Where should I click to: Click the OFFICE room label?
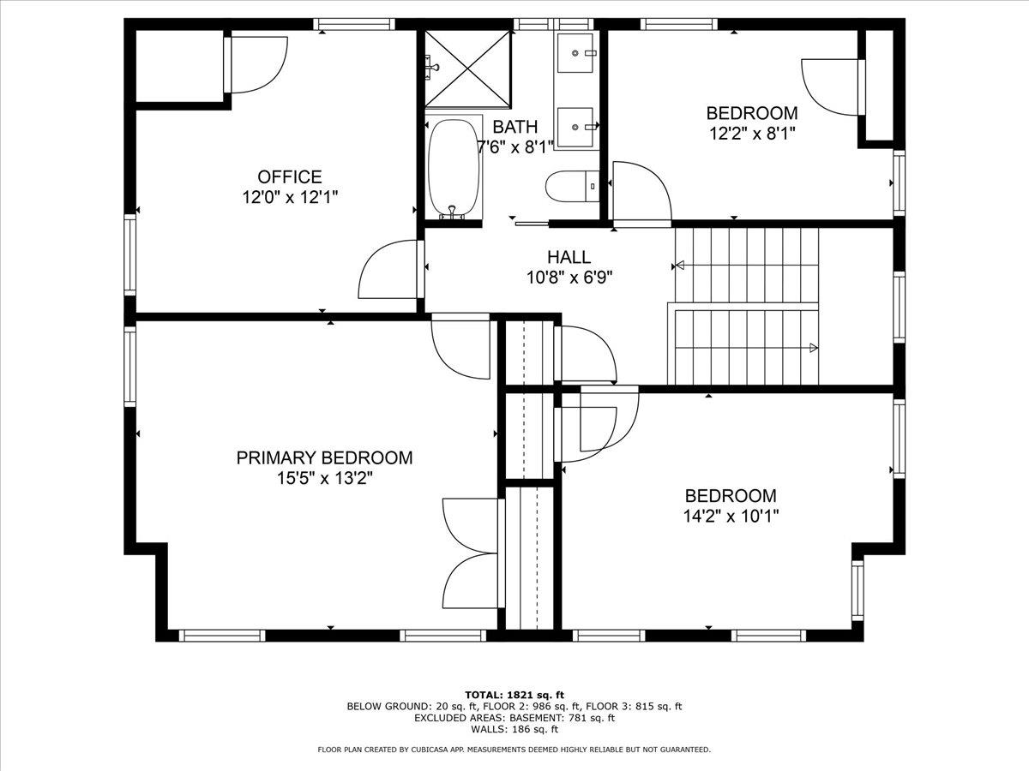(x=290, y=177)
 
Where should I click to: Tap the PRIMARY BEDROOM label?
(x=324, y=457)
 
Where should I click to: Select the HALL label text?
(x=569, y=257)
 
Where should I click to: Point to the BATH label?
(x=514, y=127)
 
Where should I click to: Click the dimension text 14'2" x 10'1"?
(x=731, y=517)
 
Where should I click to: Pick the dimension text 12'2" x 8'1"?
(x=752, y=134)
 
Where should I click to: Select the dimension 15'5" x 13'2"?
(x=324, y=478)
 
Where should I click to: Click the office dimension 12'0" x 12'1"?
(x=290, y=197)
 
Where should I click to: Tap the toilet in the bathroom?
(x=573, y=186)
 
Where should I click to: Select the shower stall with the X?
(x=467, y=69)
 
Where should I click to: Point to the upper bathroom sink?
(x=575, y=52)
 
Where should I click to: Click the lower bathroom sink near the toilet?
(x=575, y=128)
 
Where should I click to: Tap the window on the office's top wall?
(x=354, y=24)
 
